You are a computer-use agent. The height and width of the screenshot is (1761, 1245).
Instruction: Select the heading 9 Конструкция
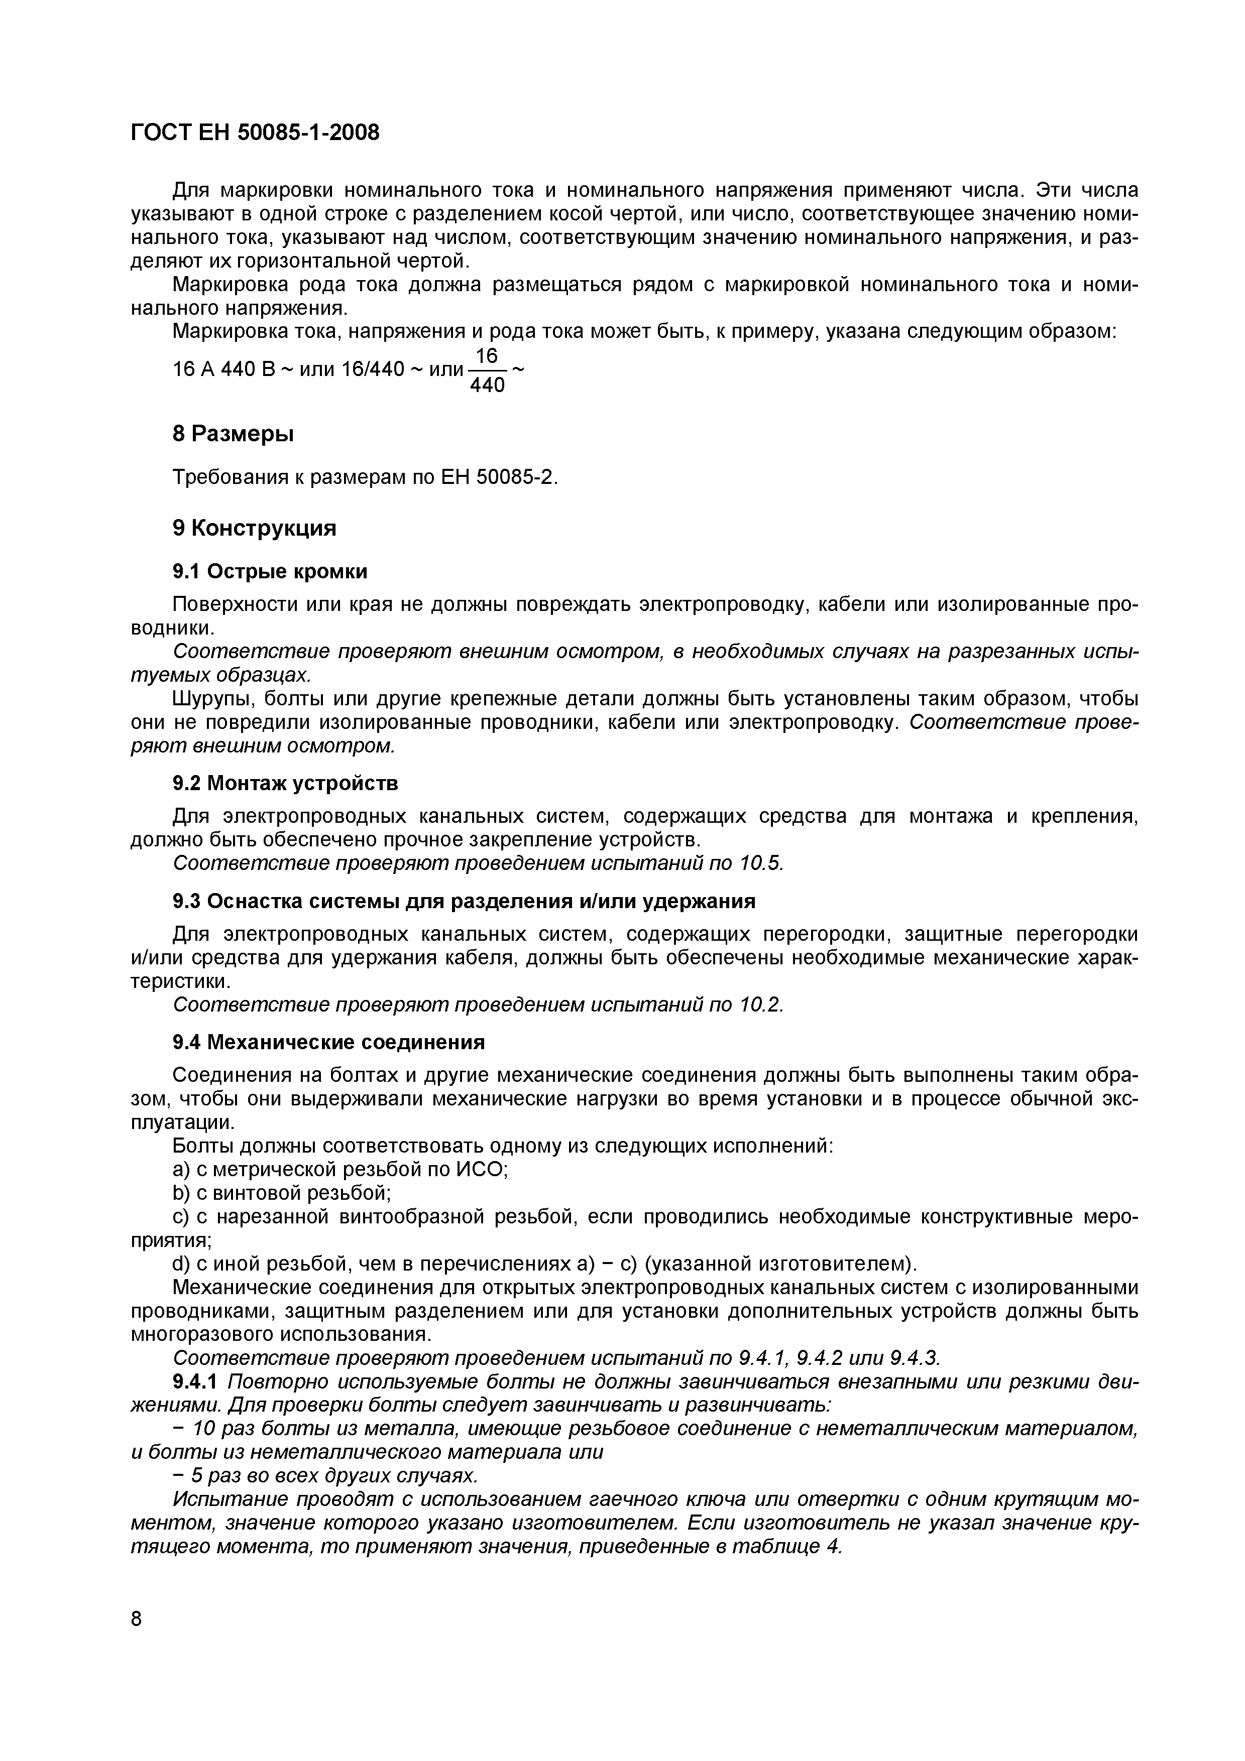[x=255, y=529]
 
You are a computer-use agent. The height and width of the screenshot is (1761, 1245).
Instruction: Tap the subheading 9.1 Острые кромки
[x=270, y=571]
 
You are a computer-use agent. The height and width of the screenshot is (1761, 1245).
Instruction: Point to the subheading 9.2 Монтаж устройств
[x=285, y=783]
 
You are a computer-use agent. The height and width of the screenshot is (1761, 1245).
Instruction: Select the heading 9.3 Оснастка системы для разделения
[x=464, y=901]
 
